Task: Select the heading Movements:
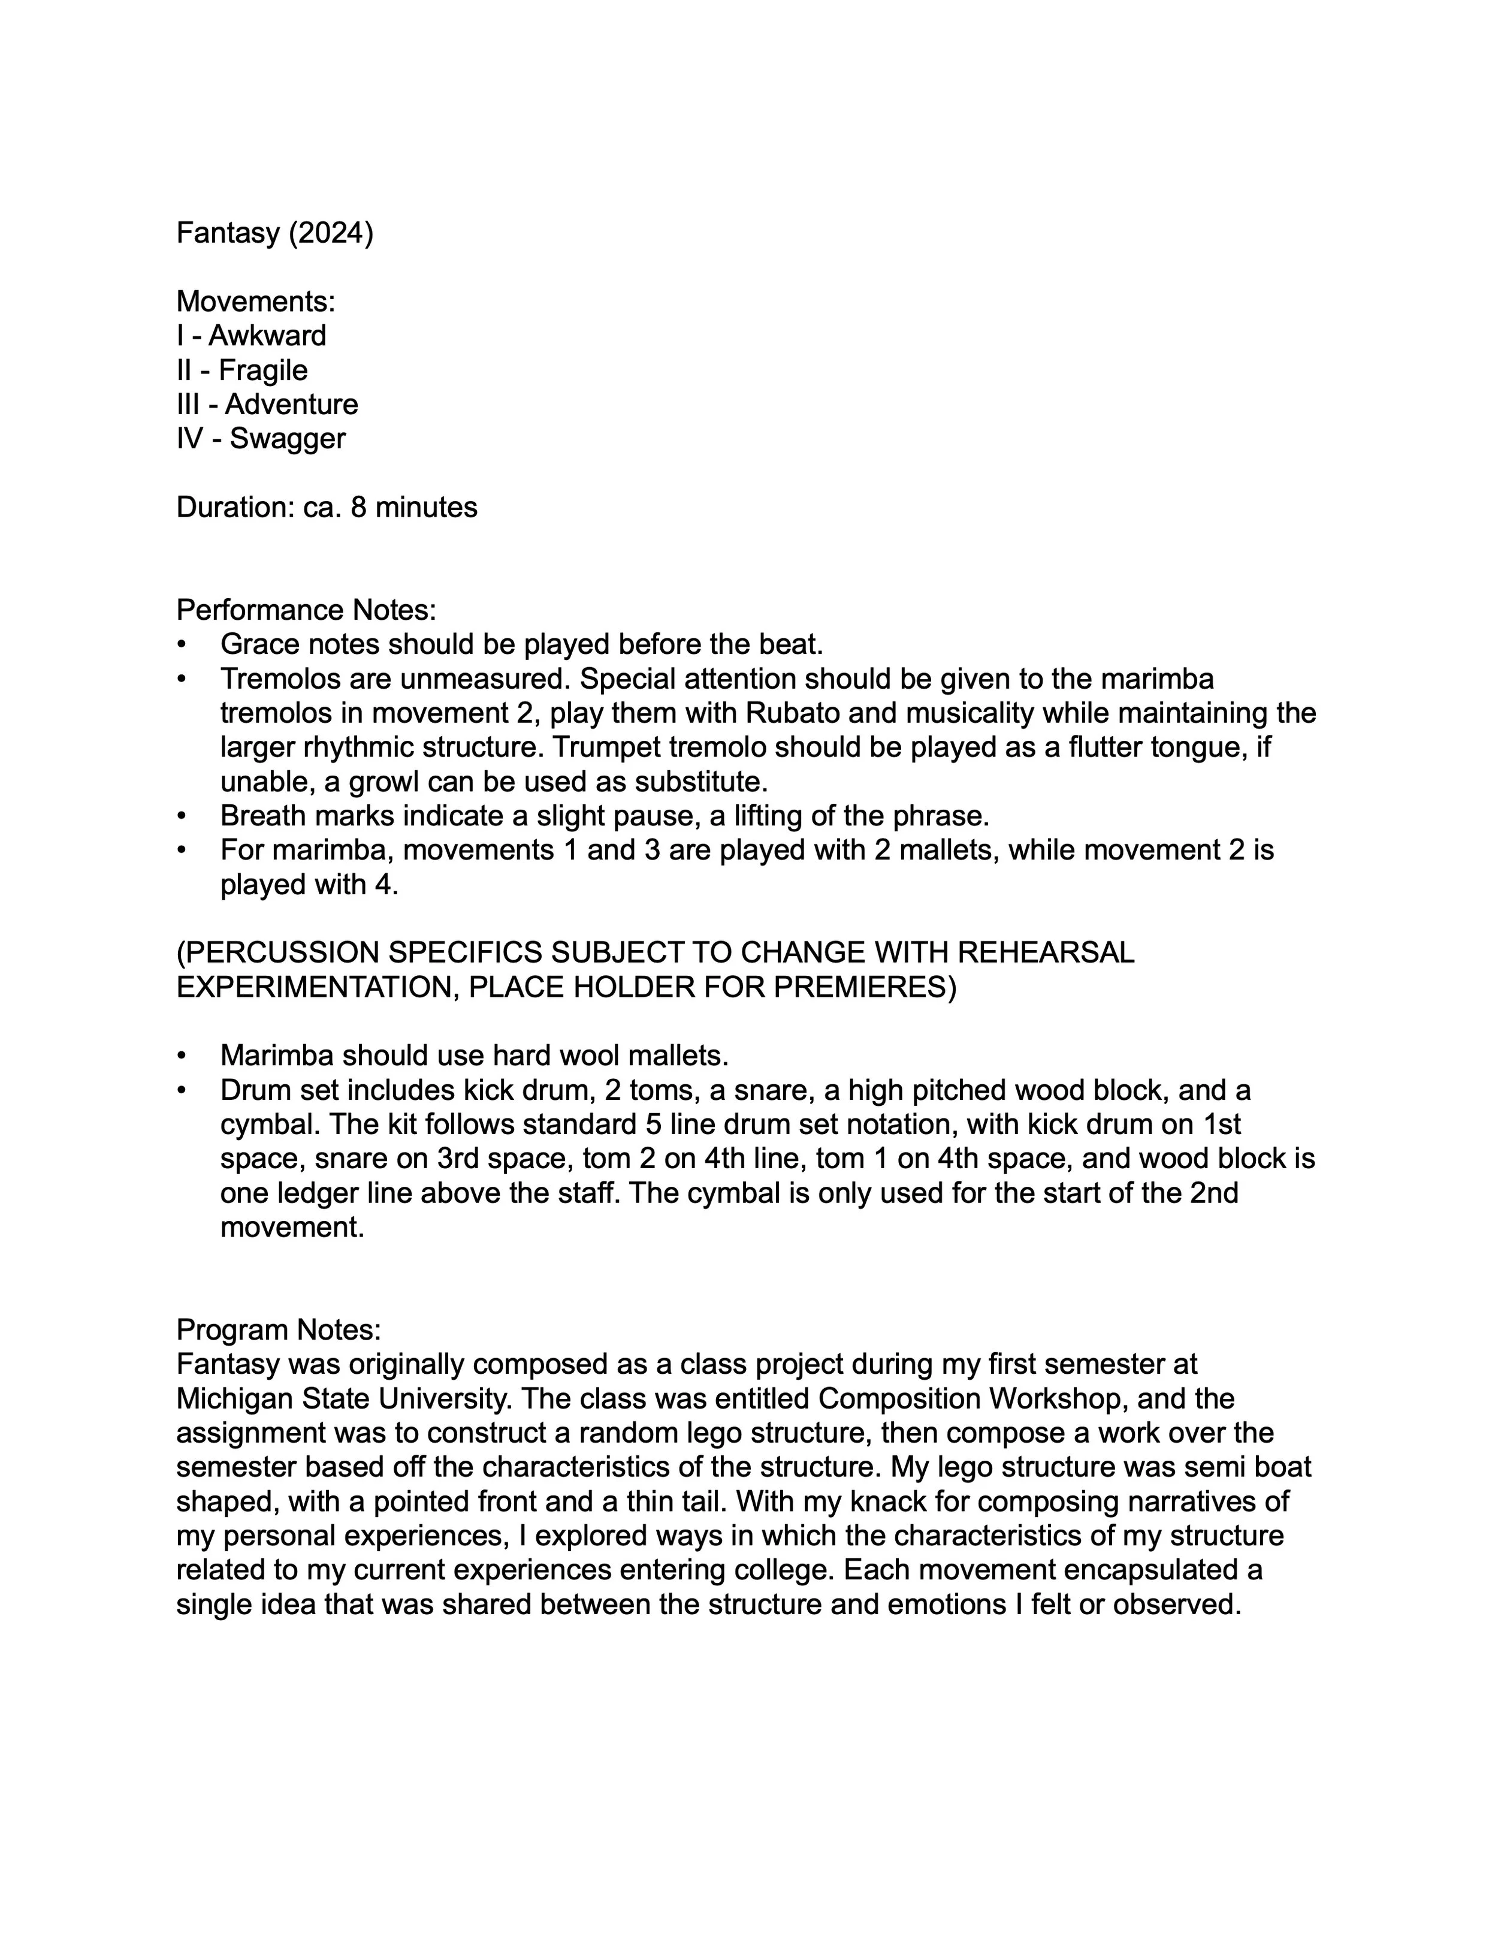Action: click(x=256, y=302)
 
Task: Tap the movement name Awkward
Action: click(x=267, y=336)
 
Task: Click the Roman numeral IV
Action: click(x=189, y=439)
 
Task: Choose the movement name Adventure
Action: click(x=291, y=404)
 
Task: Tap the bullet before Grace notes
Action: click(x=182, y=644)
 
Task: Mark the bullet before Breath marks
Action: click(x=182, y=816)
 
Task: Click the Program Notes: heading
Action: click(x=279, y=1330)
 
